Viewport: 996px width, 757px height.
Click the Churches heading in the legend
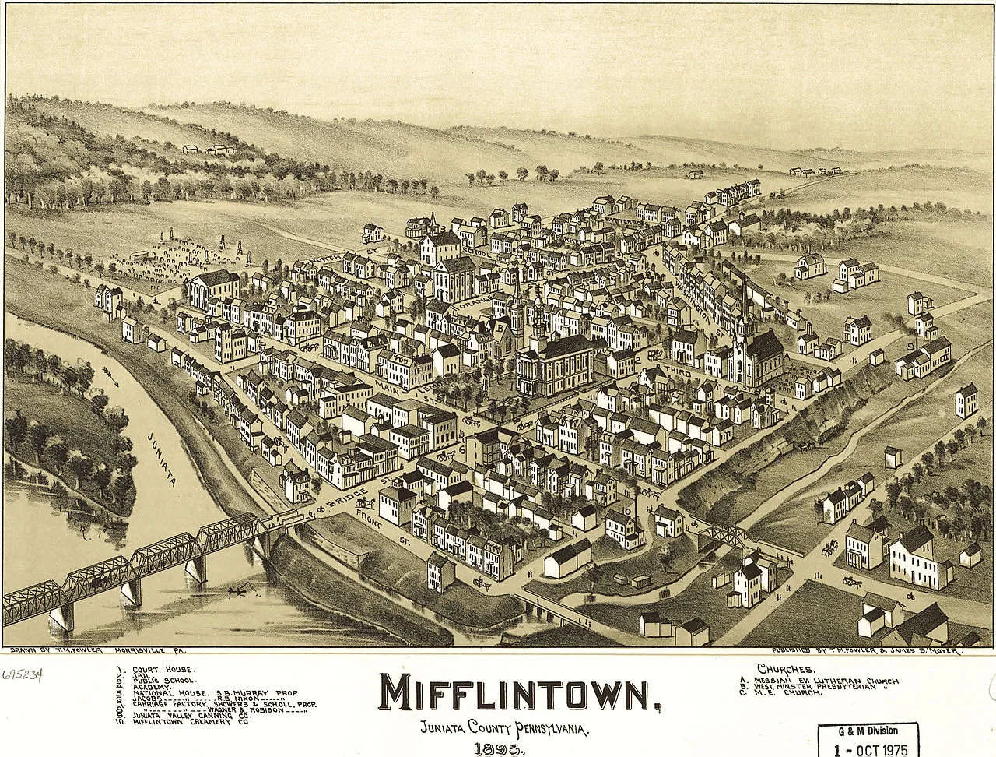(785, 669)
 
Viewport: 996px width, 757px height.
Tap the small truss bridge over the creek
(724, 535)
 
